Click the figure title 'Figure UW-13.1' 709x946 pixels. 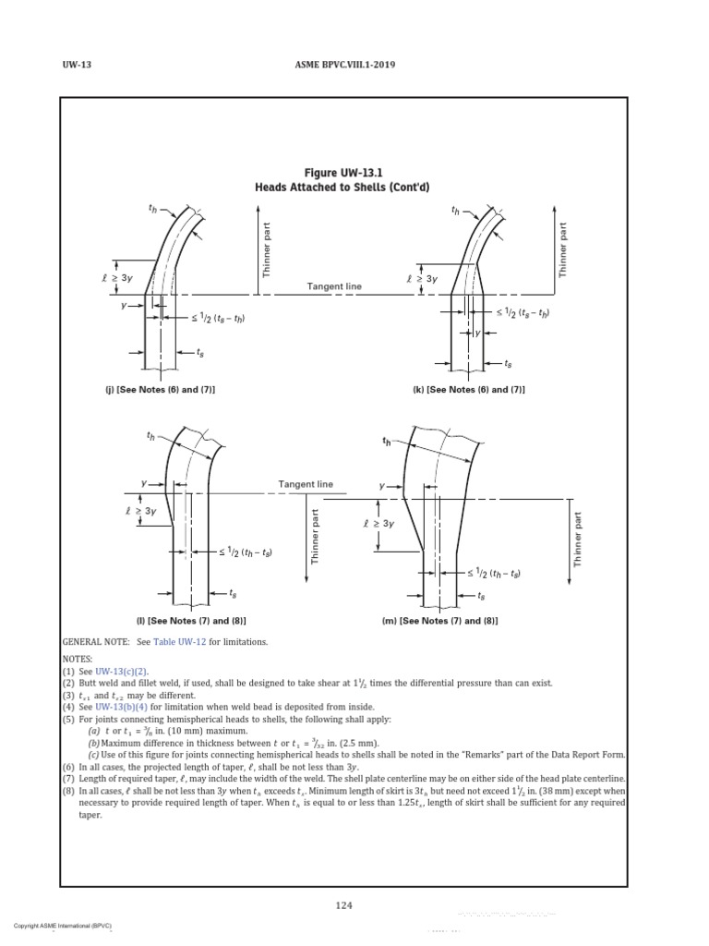343,173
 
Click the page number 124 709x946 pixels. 343,905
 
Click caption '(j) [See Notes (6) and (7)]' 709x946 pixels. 160,390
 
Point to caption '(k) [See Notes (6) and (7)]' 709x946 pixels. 469,390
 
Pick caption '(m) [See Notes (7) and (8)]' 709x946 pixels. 439,621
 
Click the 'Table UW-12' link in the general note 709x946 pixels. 184,641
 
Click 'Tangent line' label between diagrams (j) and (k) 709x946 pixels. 334,286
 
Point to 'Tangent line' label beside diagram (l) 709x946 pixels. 306,484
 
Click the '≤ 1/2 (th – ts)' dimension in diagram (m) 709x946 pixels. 495,574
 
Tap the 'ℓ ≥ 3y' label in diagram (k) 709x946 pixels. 422,278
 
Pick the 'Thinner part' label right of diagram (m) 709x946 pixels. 578,539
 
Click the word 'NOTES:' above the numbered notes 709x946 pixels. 79,658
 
